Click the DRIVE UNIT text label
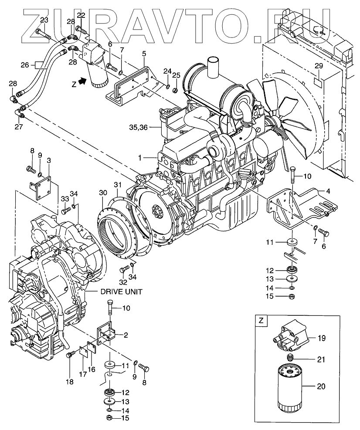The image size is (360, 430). pos(121,291)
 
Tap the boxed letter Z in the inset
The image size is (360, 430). pos(261,321)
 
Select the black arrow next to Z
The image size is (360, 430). pos(82,81)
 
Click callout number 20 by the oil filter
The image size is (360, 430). pos(321,386)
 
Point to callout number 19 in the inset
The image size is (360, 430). pos(322,338)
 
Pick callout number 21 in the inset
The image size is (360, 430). pos(321,359)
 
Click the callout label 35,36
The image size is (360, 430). pos(139,127)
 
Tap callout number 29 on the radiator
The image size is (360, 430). pos(319,66)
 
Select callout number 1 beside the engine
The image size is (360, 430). pos(140,158)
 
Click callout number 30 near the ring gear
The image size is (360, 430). pos(103,193)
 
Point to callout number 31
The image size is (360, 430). pos(118,185)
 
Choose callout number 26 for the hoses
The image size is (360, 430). pos(25,65)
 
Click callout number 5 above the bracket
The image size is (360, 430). pos(144,54)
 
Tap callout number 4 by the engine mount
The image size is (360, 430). pos(328,191)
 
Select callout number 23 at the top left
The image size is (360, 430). pos(44,20)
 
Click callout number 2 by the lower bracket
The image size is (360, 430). pos(126,335)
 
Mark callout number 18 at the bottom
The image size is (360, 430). pos(70,382)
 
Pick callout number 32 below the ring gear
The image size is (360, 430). pos(123,282)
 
